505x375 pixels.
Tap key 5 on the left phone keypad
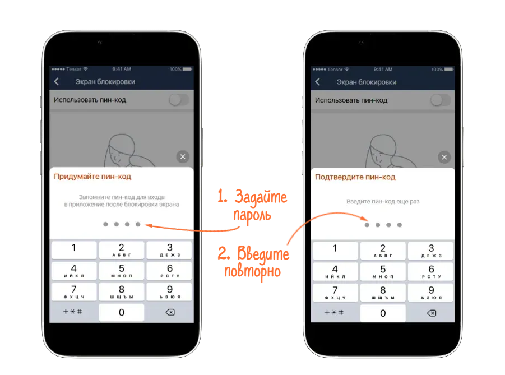coord(122,271)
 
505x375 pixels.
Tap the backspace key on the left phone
coord(170,312)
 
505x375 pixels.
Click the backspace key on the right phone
coord(431,313)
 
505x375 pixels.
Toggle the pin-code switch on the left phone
coord(179,100)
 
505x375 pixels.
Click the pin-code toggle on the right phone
coord(441,100)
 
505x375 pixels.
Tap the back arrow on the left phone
coord(57,81)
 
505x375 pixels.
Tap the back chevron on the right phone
coord(318,82)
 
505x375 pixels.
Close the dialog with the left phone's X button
coord(183,157)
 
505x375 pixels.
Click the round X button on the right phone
coord(444,157)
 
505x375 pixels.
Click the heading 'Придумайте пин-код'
coord(92,177)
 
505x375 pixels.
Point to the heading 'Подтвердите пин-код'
coord(355,177)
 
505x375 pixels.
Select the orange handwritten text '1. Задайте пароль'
coord(252,205)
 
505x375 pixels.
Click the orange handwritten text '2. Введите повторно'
coord(253,262)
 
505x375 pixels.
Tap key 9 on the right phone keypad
coord(431,293)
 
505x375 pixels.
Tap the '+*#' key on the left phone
coord(73,312)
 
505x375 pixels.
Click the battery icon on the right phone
coord(448,70)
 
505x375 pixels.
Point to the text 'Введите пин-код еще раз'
coord(383,202)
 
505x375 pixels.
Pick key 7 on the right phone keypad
coord(335,293)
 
